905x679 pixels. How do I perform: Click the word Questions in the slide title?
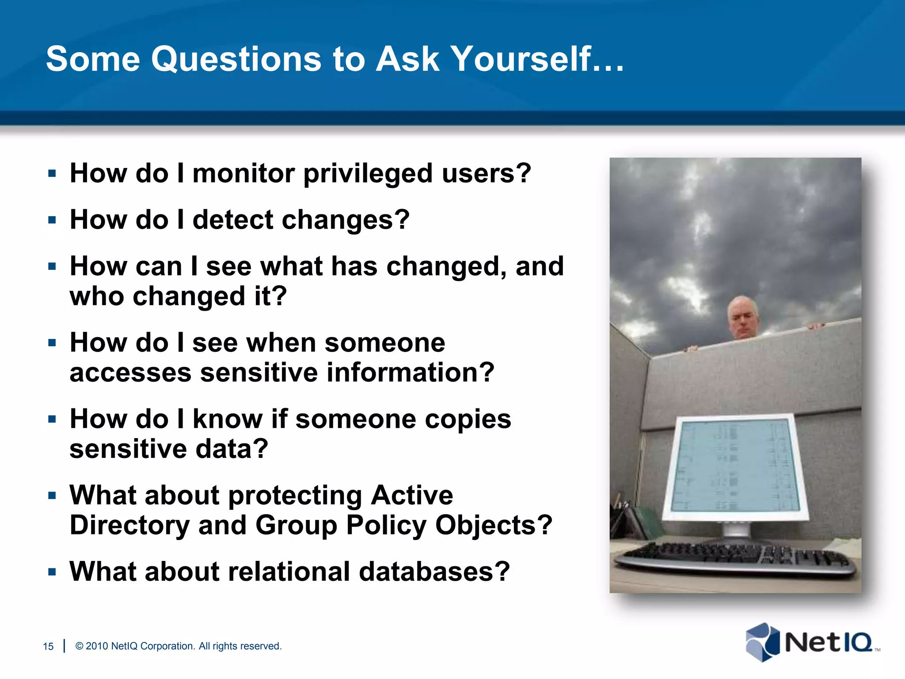[x=236, y=60]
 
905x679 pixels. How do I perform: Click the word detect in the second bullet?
[x=233, y=220]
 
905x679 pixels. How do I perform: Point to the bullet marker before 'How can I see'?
[x=52, y=267]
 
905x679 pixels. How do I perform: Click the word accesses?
[x=130, y=373]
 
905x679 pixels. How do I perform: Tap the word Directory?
[x=129, y=525]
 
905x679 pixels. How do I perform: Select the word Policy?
[x=385, y=525]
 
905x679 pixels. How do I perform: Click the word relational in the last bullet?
[x=289, y=572]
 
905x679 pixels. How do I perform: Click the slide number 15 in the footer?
[x=48, y=646]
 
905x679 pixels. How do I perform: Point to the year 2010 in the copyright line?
[x=97, y=646]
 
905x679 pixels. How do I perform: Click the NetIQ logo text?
[x=828, y=643]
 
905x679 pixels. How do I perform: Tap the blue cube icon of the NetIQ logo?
[x=762, y=642]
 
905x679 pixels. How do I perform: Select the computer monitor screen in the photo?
[x=735, y=466]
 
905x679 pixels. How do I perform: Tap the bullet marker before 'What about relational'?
[x=52, y=572]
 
